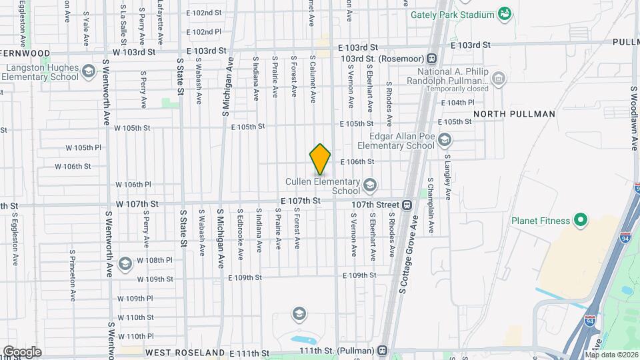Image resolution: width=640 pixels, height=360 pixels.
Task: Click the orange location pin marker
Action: tap(321, 159)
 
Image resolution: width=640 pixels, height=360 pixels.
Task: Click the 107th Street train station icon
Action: tap(407, 205)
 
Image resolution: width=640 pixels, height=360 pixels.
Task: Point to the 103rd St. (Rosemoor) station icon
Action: tap(432, 59)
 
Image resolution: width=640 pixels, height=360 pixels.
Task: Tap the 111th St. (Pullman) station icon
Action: tap(382, 349)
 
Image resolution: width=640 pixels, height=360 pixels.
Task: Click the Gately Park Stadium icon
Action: tap(505, 13)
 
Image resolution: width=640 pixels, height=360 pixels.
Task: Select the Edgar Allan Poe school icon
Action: tap(445, 140)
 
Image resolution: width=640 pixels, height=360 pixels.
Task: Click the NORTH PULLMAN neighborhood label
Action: tap(514, 114)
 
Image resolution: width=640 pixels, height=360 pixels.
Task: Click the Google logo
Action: tap(22, 351)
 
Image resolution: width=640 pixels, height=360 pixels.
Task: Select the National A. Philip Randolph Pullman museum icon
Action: tap(497, 81)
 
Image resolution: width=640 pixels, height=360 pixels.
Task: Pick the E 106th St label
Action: tap(357, 161)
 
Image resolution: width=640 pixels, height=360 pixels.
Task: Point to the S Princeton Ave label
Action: tap(72, 276)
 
